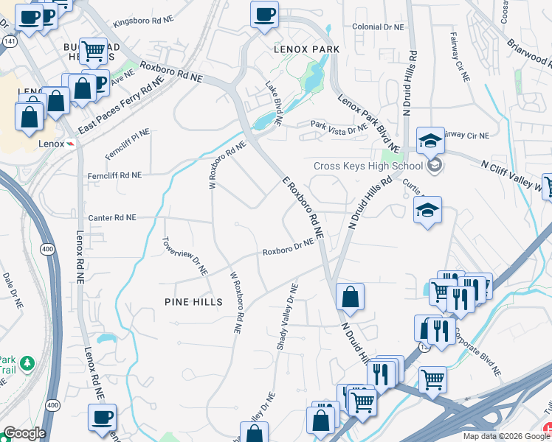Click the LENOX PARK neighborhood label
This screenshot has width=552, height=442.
point(306,49)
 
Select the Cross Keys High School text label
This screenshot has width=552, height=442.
point(368,166)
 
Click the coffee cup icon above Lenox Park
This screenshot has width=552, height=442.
point(264,14)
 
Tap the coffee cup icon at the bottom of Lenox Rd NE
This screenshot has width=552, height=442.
point(102,418)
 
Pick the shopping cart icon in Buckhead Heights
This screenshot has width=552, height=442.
point(94,51)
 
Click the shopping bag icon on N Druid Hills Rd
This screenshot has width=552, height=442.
point(350,298)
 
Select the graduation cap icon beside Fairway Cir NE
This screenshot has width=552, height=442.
point(430,139)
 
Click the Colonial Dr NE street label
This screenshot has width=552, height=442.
point(379,27)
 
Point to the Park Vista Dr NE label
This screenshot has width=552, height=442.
point(338,127)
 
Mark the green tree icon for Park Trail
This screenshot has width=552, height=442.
point(27,363)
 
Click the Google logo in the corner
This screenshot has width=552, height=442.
point(24,433)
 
